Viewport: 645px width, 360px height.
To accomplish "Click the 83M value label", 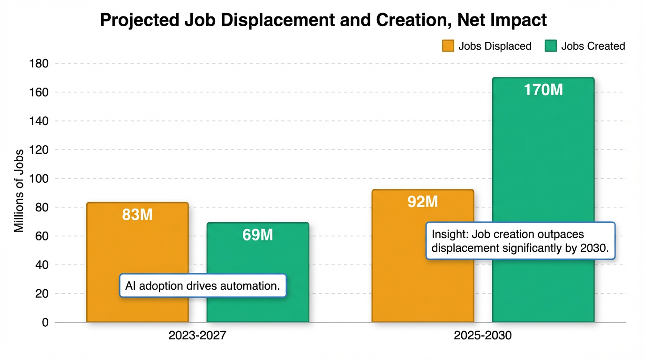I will (x=137, y=215).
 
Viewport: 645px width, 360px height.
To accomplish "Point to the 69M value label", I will (x=258, y=235).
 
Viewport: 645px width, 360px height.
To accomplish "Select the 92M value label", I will (x=422, y=202).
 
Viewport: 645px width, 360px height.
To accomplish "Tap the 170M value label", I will (x=543, y=90).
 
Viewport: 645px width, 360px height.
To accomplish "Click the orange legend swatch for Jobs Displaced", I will (x=448, y=46).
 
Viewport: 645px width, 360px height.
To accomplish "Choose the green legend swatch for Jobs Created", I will (x=551, y=46).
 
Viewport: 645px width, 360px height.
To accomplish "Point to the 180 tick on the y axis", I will (x=39, y=63).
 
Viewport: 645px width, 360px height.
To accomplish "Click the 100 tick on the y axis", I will (x=39, y=179).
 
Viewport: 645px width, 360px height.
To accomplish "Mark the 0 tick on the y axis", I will (x=45, y=322).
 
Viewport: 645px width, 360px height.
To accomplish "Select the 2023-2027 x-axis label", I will (x=197, y=336).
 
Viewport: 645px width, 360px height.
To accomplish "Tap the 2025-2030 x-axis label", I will (x=483, y=336).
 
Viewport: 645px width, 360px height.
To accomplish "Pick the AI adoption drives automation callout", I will (x=202, y=285).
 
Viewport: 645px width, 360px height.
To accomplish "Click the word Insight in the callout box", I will (x=449, y=234).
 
